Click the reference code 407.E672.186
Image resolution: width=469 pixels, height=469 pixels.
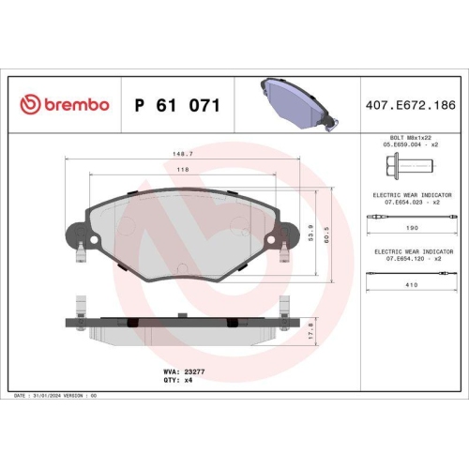(x=411, y=105)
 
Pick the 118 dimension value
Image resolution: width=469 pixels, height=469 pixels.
(x=183, y=170)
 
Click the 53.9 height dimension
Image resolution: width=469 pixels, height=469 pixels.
(x=312, y=228)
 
